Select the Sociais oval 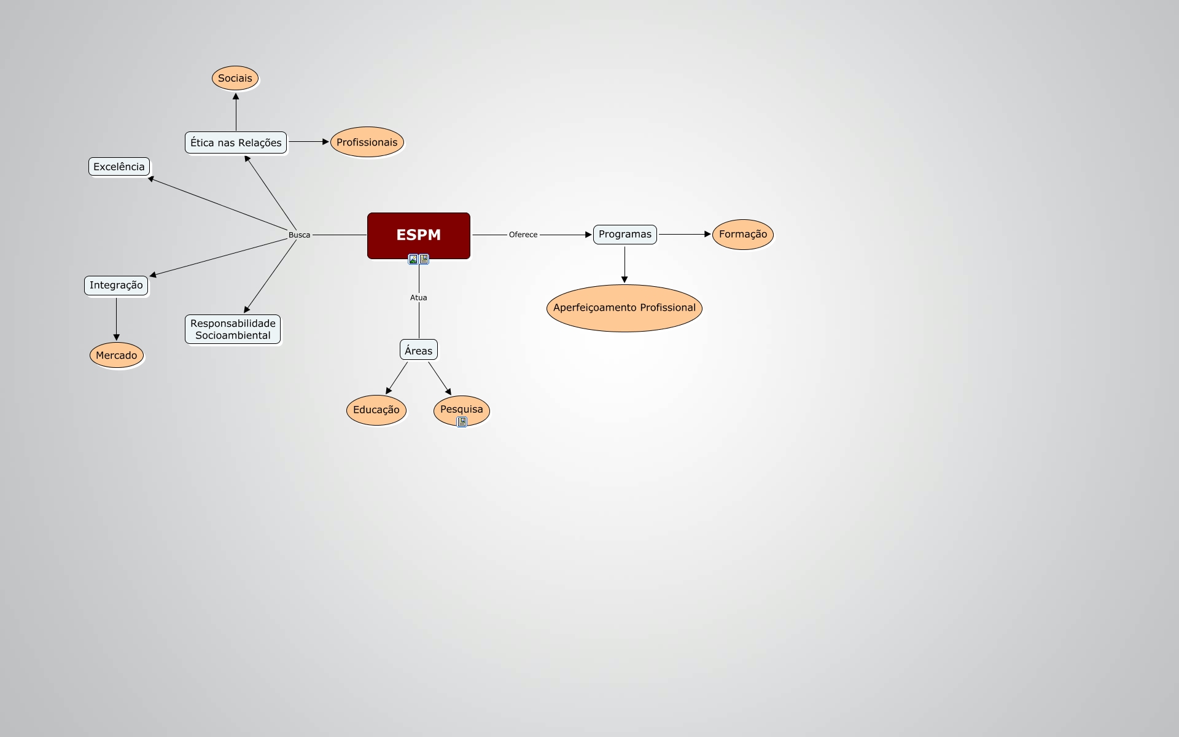[x=235, y=78]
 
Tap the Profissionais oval [x=367, y=142]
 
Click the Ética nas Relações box [x=236, y=142]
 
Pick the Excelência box [x=119, y=166]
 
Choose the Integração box [x=116, y=285]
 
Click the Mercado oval [x=117, y=355]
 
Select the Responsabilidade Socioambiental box [x=233, y=329]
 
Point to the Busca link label [x=299, y=235]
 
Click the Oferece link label [x=523, y=235]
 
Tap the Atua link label [x=419, y=297]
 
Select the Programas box [x=625, y=234]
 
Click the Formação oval [x=742, y=234]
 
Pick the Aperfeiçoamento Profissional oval [x=624, y=308]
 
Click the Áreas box [x=419, y=350]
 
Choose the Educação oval [x=376, y=410]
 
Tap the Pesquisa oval [x=461, y=408]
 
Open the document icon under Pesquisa [x=462, y=422]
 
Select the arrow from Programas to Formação [x=684, y=234]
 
